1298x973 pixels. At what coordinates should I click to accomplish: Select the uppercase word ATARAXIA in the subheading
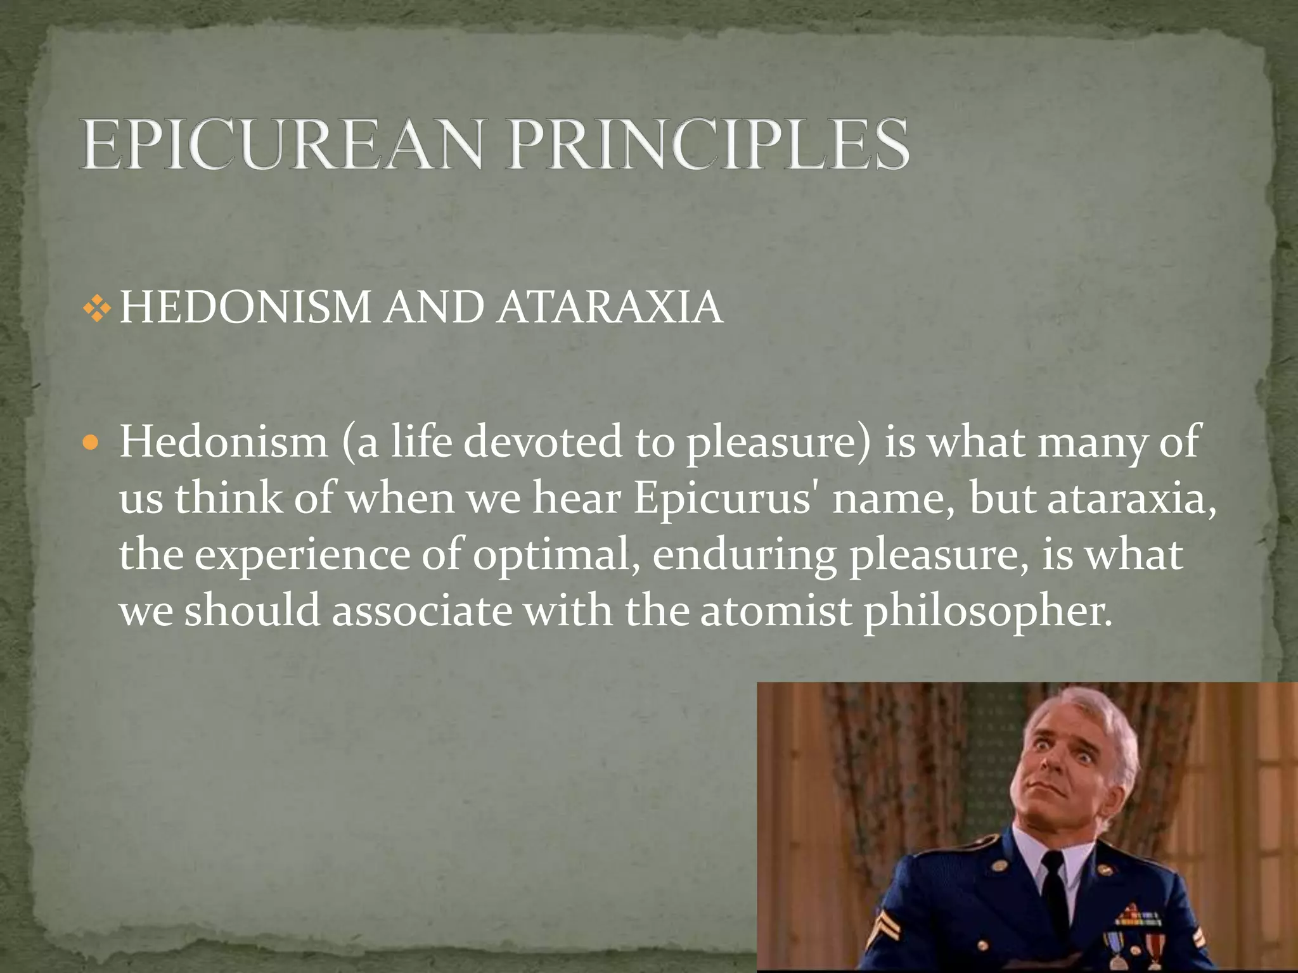pyautogui.click(x=609, y=308)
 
